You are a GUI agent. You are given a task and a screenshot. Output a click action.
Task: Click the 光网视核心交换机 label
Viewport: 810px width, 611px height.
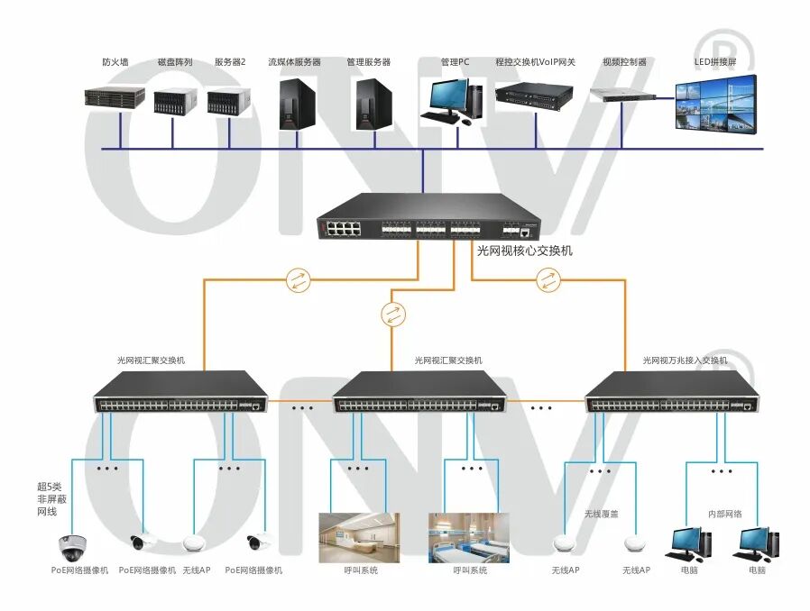tap(524, 251)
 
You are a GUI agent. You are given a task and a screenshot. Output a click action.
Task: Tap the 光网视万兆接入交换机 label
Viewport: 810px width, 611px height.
tap(685, 360)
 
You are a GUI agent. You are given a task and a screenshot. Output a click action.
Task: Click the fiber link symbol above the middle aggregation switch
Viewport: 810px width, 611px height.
tap(392, 315)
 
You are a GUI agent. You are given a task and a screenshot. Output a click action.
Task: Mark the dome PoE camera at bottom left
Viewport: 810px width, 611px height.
tap(69, 545)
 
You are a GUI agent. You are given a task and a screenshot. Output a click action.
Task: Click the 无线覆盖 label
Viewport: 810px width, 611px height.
tap(600, 514)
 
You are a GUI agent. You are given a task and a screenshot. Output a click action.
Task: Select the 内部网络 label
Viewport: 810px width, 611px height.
tap(724, 514)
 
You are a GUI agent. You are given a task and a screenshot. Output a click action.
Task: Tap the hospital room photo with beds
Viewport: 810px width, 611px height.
tap(468, 538)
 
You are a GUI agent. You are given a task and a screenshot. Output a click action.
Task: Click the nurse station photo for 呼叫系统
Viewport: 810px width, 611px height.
tap(359, 538)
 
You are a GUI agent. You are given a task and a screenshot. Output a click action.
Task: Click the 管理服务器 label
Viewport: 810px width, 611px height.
tap(368, 62)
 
